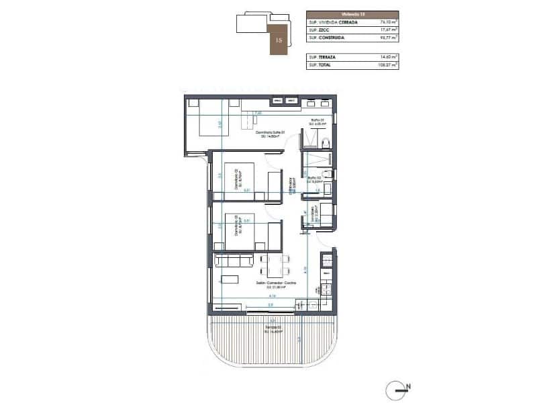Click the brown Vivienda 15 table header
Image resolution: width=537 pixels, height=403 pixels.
[x=352, y=13]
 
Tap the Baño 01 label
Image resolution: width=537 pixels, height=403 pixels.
[x=316, y=122]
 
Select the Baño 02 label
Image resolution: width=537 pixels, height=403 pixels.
[x=315, y=179]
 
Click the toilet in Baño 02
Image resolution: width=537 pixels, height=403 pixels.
[x=326, y=176]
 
